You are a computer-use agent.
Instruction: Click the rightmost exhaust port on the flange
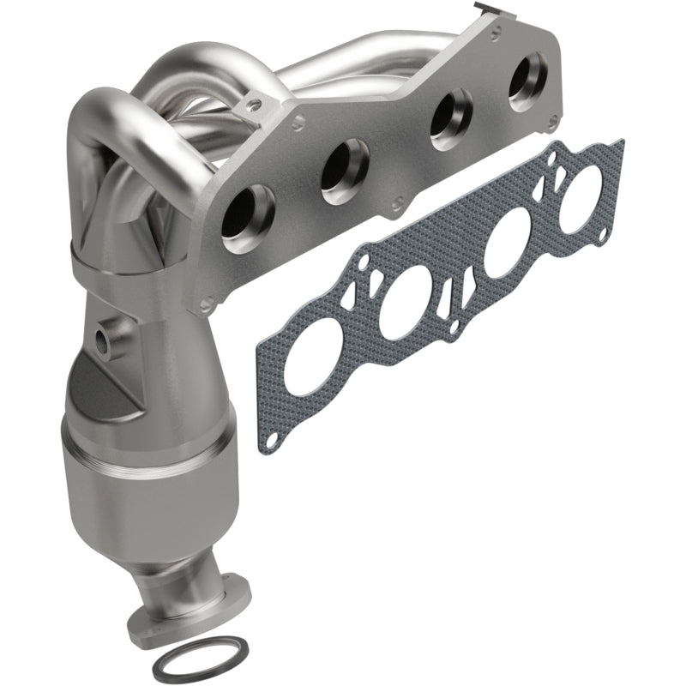coord(527,81)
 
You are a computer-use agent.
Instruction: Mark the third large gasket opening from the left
coord(512,245)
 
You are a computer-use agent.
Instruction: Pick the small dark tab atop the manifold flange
coord(486,8)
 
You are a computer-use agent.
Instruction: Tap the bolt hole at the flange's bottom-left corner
coord(206,303)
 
